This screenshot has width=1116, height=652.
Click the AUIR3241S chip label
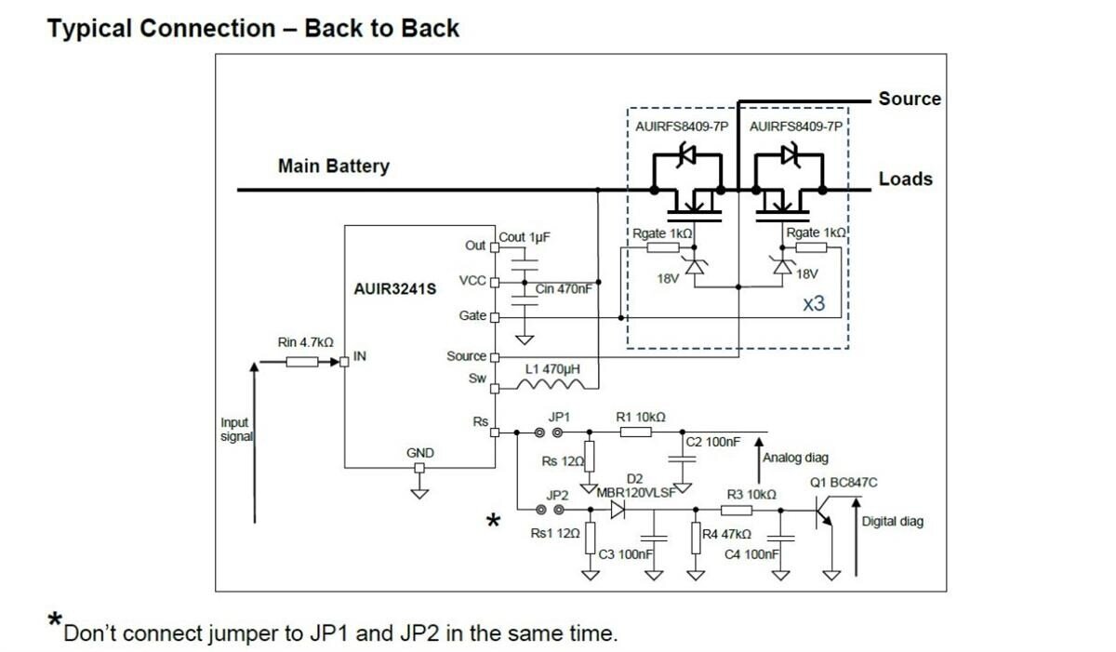pos(394,289)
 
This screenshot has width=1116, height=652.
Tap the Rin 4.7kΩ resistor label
pos(305,343)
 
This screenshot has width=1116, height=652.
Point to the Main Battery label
pos(333,166)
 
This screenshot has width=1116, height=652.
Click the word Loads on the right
pos(905,179)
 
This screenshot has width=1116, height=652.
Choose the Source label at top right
pos(910,99)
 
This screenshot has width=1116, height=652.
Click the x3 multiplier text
pos(814,303)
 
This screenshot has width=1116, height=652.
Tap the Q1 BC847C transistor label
pos(844,483)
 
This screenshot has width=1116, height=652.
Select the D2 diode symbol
pos(618,510)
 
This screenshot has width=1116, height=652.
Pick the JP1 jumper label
pos(559,417)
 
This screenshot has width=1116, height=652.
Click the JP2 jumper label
pos(557,495)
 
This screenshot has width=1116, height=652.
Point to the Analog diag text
pos(795,458)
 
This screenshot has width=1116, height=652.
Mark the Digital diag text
pos(893,522)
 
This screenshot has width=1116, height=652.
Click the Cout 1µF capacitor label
pos(525,237)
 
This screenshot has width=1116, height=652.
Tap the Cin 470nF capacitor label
pos(564,289)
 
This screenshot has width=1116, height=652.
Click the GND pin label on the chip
pos(420,453)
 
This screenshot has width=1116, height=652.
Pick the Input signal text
pos(235,430)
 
